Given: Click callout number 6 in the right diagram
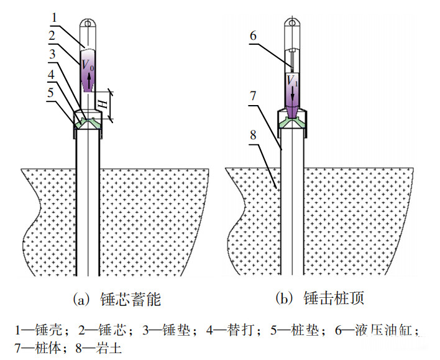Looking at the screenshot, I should (253, 36).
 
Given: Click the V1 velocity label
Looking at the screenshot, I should (291, 80).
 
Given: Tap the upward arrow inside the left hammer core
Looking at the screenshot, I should (89, 80).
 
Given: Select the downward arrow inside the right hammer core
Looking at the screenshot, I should (292, 93).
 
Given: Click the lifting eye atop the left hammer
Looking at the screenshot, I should (88, 24).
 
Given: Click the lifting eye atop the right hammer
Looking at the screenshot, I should (292, 24).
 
